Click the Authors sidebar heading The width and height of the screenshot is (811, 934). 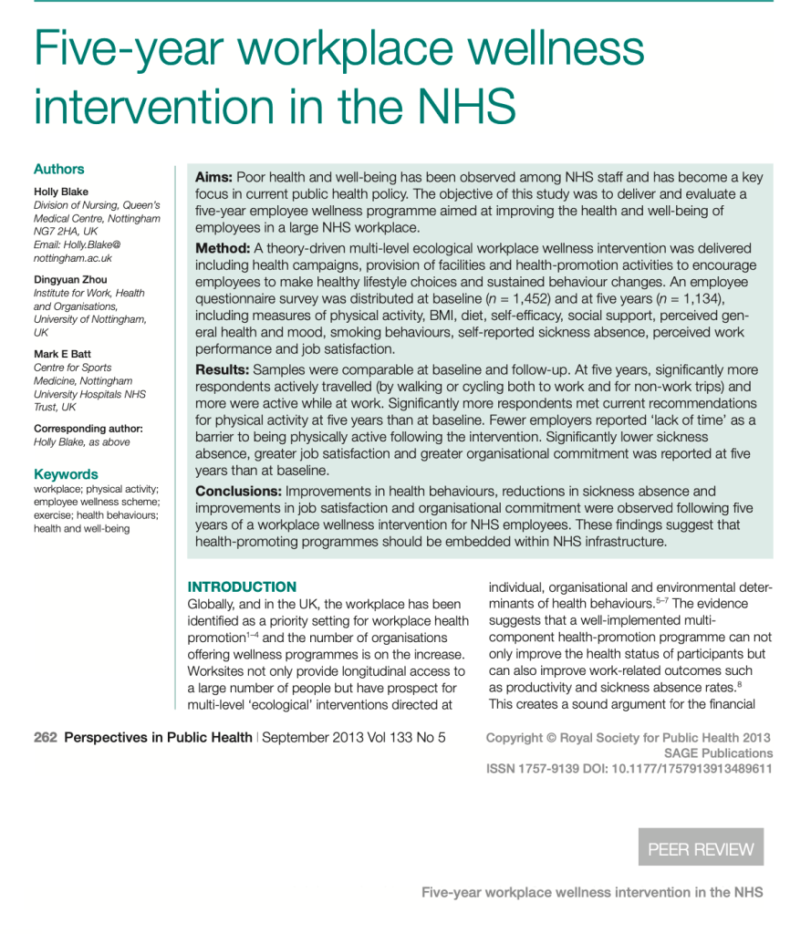(x=58, y=169)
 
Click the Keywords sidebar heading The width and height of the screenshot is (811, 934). (x=66, y=474)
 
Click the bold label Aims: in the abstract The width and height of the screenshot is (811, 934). (x=214, y=178)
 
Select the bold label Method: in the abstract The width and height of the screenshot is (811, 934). (x=223, y=249)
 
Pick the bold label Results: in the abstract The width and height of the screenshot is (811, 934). (x=224, y=369)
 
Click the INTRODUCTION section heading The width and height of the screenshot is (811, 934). (x=242, y=587)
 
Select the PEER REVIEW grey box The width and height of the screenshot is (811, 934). (x=701, y=848)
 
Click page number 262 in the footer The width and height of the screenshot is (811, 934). (x=46, y=738)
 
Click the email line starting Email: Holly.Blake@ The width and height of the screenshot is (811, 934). (x=77, y=244)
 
